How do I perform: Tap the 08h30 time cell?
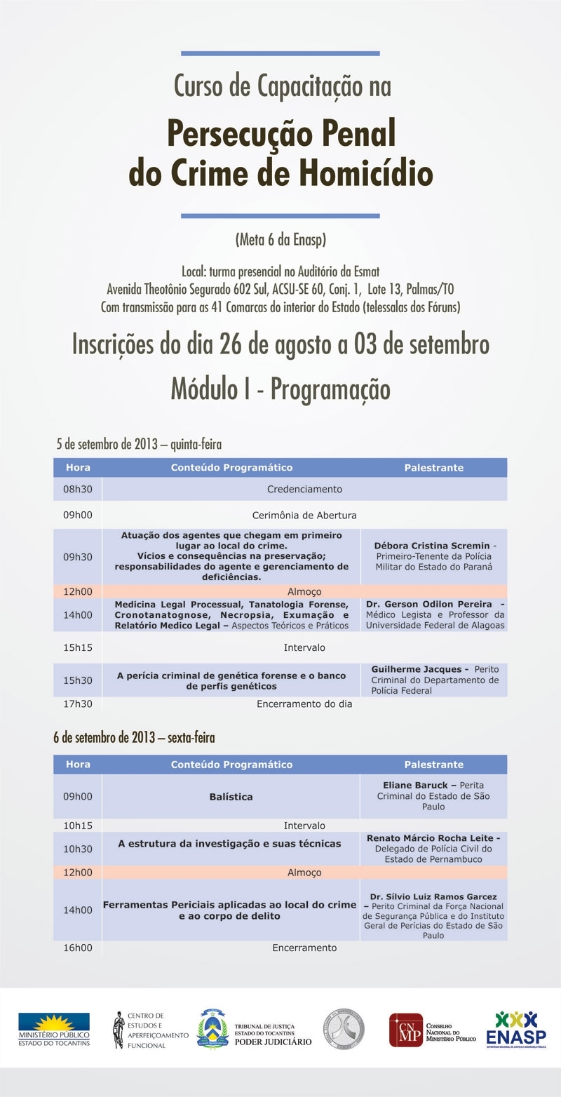(78, 489)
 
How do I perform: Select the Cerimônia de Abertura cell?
(304, 515)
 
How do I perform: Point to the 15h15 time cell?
(78, 647)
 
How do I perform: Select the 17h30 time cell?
(78, 704)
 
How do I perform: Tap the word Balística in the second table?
(231, 797)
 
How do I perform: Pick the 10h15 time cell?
(78, 826)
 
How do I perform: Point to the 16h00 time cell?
(78, 948)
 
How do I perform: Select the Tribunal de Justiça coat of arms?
(212, 1028)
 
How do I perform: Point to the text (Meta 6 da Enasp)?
(280, 240)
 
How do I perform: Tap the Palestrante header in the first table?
(433, 468)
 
